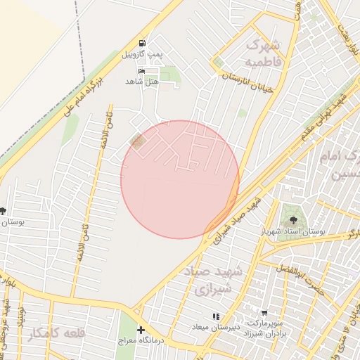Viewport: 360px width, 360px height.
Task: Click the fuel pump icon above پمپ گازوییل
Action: tap(143, 43)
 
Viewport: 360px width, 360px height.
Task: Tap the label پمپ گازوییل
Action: tap(143, 54)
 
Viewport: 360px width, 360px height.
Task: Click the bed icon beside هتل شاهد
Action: tap(142, 71)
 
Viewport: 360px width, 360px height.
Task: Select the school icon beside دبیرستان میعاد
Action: tap(215, 316)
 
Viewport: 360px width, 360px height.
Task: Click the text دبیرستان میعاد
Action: tap(215, 327)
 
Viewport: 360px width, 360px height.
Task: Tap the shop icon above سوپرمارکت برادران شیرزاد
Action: tap(264, 314)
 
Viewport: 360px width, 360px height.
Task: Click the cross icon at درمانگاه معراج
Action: tap(141, 330)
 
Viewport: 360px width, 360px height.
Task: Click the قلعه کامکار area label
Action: tap(56, 335)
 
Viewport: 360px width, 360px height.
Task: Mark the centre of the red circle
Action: tap(180, 179)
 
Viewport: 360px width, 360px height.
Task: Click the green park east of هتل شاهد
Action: tap(169, 75)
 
